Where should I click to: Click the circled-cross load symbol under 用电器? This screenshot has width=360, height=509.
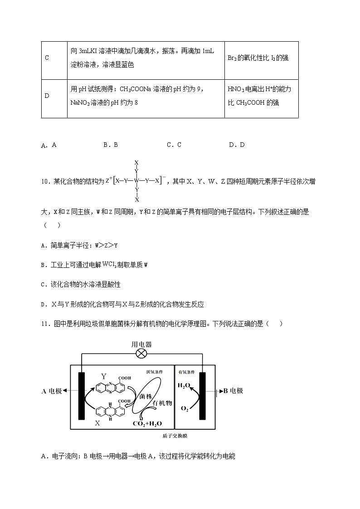point(141,354)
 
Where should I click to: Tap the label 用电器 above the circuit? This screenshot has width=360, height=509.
point(141,344)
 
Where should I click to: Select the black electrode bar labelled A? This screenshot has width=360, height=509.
point(82,396)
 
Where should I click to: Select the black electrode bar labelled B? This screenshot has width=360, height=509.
point(202,396)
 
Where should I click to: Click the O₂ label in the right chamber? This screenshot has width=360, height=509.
point(185,408)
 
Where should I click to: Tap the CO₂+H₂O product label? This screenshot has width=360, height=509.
point(147,424)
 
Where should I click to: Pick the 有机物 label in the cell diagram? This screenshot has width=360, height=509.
point(162,403)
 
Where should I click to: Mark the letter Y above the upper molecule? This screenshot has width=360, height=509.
point(103,376)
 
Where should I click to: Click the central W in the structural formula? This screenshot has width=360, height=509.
point(136,180)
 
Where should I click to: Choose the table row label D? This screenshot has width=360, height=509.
point(47,96)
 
